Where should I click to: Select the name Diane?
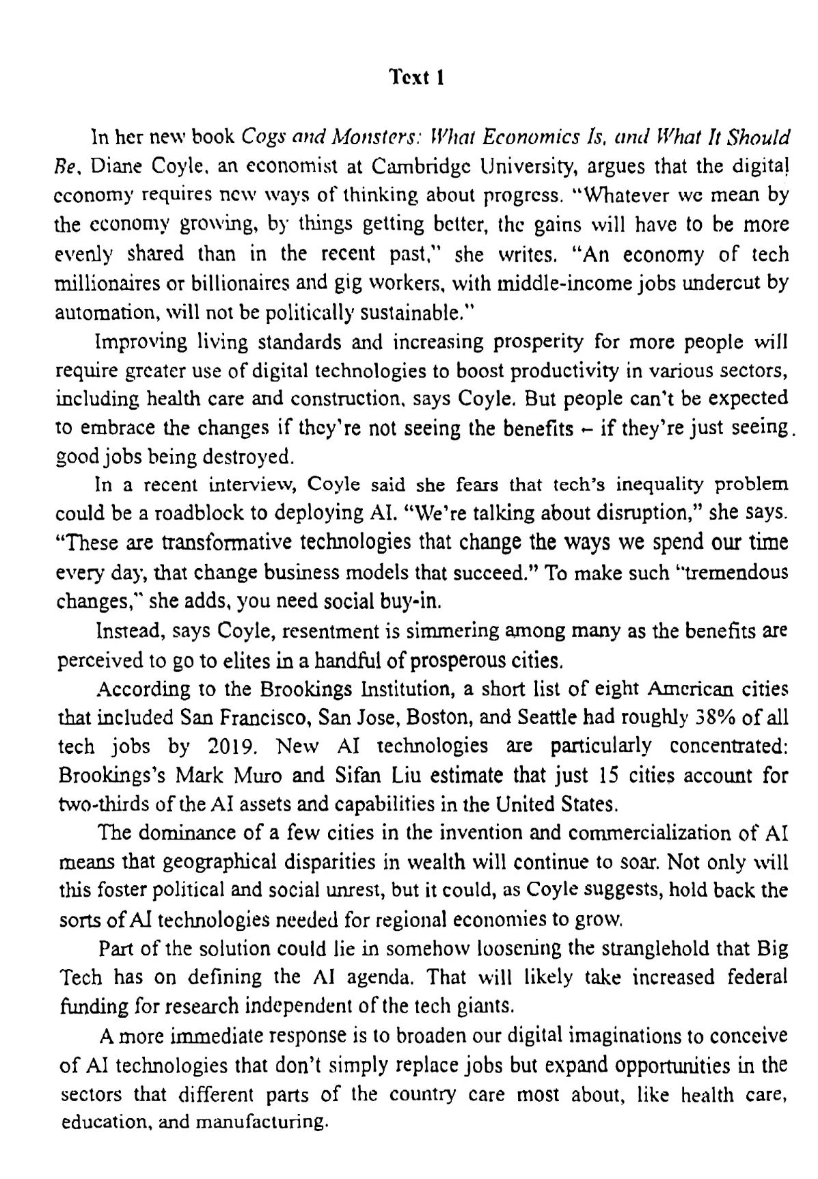pos(111,165)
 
